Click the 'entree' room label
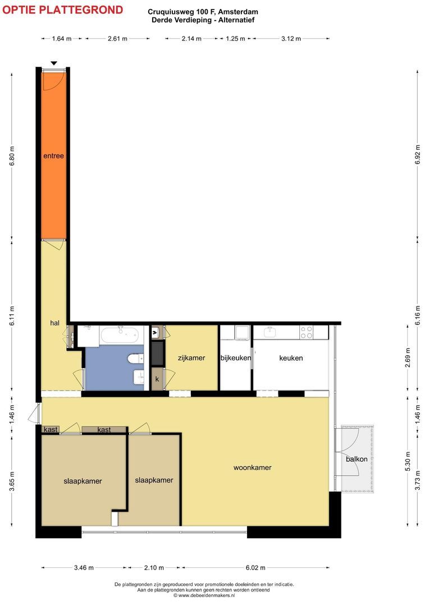[53, 156]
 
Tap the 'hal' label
[54, 323]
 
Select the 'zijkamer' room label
[191, 358]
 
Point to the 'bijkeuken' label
[236, 358]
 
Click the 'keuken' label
[291, 358]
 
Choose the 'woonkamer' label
[252, 467]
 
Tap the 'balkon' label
[357, 459]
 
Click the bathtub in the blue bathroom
[120, 335]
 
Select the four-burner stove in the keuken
[307, 332]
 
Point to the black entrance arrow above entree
[54, 63]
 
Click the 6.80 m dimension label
[12, 156]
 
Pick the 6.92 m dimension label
[417, 155]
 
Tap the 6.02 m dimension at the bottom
[255, 568]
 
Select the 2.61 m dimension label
[117, 39]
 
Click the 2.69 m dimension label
[407, 358]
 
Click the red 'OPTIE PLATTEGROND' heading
[63, 10]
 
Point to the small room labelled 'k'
[157, 379]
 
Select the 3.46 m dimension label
[84, 568]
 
